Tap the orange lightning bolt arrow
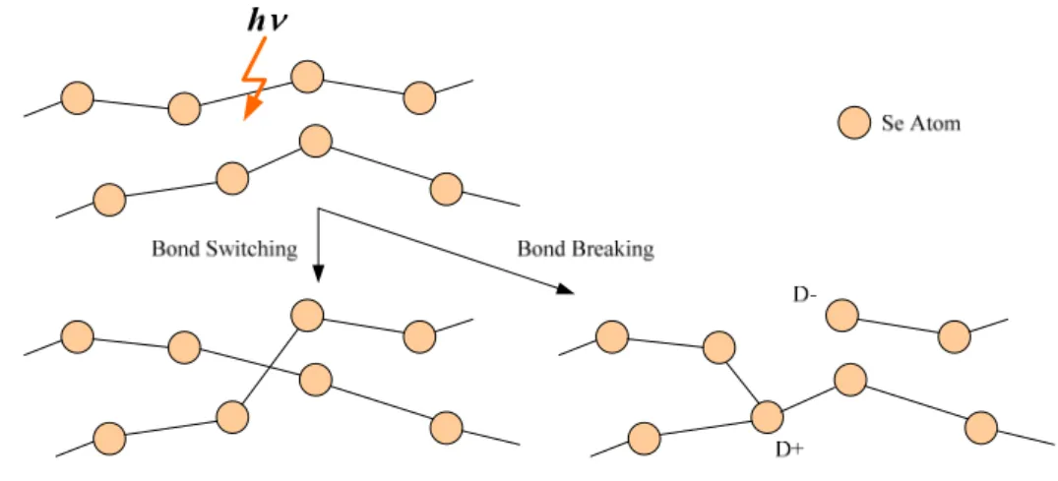[256, 79]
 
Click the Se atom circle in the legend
[853, 124]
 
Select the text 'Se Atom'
[920, 124]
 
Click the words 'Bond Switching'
[224, 249]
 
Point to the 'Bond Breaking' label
[585, 249]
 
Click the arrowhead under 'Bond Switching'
[319, 274]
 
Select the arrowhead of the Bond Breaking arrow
[564, 288]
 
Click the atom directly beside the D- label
[841, 316]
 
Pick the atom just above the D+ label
[767, 416]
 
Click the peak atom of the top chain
[307, 76]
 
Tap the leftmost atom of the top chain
[78, 98]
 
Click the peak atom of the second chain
[315, 142]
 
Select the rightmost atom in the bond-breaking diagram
[981, 428]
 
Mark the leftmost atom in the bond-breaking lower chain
[645, 439]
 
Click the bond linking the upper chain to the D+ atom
[742, 382]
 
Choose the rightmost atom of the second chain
[446, 189]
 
